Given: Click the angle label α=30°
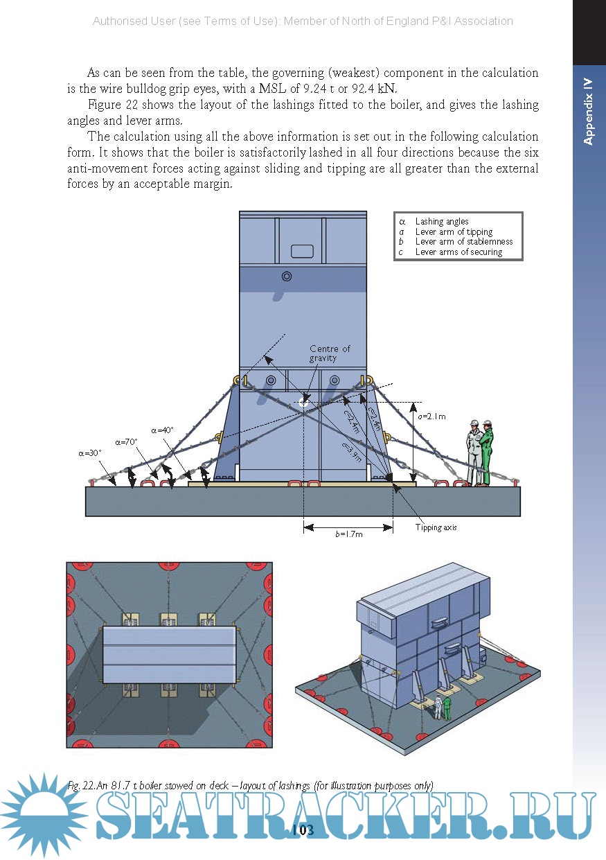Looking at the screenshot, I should [x=90, y=453].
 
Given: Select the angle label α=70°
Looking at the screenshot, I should [x=127, y=441].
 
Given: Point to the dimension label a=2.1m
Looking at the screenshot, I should [x=431, y=416].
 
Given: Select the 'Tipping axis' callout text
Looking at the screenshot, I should [x=436, y=527].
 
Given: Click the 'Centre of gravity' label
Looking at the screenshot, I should [x=329, y=353].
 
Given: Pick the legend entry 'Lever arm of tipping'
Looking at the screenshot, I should [x=454, y=232].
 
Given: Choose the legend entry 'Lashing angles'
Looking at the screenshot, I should [x=442, y=222].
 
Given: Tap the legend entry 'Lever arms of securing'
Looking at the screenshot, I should [x=458, y=252].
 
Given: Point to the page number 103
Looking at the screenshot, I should [x=303, y=830].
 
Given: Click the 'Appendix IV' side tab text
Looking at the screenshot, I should [x=589, y=111].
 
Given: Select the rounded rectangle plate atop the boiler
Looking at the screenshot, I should [x=302, y=250].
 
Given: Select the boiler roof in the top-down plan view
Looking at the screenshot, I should [x=170, y=655].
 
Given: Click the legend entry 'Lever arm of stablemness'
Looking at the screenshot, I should [x=463, y=242].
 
